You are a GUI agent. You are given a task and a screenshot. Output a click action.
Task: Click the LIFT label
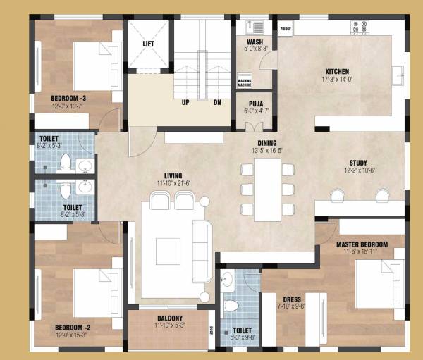point(148,44)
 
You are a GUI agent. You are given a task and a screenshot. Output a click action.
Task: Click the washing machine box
point(245,82)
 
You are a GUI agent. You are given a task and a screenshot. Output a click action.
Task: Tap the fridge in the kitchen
point(286,29)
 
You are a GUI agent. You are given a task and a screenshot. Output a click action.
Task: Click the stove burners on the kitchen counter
point(360,27)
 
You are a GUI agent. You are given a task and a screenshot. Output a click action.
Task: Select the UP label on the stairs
point(185,101)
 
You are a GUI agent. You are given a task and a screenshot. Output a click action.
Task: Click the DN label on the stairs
point(217,101)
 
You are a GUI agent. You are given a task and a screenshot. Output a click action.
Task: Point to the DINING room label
point(266,143)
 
